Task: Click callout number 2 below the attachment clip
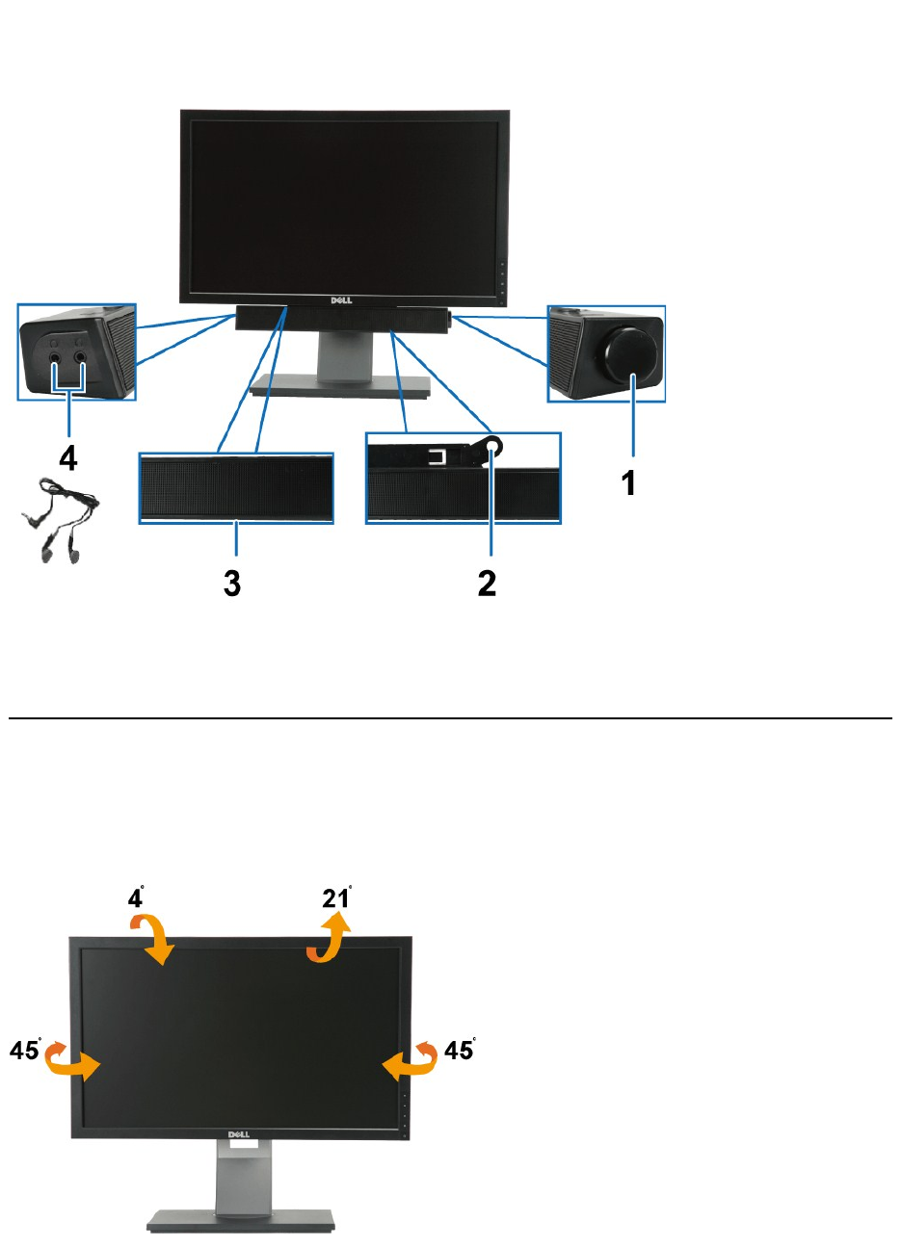tap(488, 583)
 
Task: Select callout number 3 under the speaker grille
tap(232, 583)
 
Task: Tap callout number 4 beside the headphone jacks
tap(67, 458)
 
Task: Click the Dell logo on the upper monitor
tap(342, 300)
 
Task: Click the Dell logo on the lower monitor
tap(240, 1135)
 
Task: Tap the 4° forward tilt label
tap(137, 897)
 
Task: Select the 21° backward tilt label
tap(336, 897)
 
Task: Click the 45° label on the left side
tap(26, 1050)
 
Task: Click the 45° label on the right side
tap(460, 1050)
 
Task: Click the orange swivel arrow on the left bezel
tap(74, 1060)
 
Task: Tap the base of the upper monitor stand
tap(339, 388)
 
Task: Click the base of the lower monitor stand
tap(241, 1220)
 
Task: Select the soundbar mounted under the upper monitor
tap(342, 319)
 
